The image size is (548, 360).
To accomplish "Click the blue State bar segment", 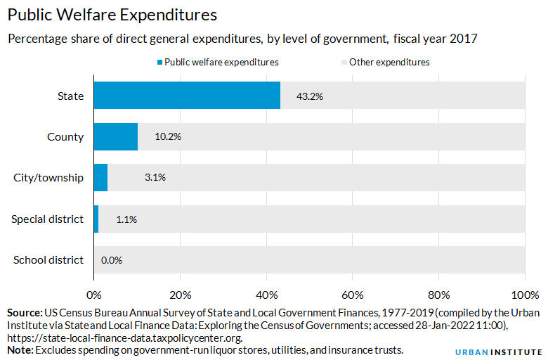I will [187, 96].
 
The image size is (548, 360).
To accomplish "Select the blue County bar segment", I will [116, 136].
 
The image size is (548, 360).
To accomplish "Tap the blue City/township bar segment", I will [100, 177].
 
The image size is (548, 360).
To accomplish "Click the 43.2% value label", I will [310, 96].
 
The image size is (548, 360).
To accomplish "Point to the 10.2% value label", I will [168, 137].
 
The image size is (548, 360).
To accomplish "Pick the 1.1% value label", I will [126, 219].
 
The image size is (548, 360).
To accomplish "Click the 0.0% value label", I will [112, 260].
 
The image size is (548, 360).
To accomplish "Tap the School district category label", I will [48, 260].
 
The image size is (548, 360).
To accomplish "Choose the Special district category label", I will [47, 219].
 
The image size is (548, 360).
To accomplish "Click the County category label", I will [65, 137].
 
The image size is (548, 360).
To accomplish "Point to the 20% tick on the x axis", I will [181, 294].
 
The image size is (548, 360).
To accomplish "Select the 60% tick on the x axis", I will [353, 294].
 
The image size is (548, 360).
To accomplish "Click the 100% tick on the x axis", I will [524, 294].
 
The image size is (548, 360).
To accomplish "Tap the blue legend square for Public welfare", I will [159, 62].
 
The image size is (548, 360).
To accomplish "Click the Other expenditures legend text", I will [389, 62].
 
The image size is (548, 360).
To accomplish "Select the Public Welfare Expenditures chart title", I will [112, 15].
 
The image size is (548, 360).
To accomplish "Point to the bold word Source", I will [24, 311].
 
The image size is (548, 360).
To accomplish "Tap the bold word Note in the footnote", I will [19, 349].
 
